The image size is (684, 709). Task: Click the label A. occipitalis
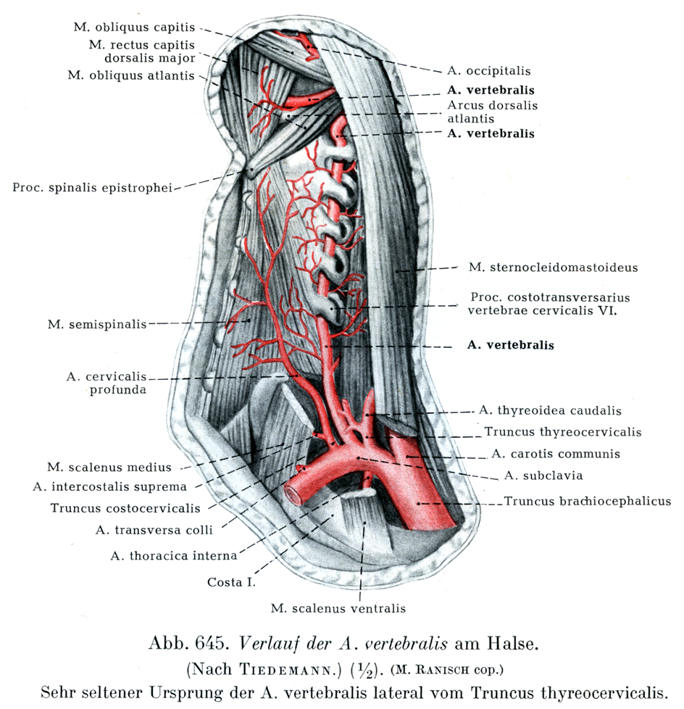coord(491,71)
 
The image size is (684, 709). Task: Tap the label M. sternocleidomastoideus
coord(553,268)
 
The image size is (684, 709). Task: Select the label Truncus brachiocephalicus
coord(588,501)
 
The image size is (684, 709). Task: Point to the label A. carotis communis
coord(556,455)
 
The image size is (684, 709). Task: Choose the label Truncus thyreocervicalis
coord(563,432)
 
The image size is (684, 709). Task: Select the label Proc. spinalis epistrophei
coord(92,188)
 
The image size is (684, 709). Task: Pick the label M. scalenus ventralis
coord(338,608)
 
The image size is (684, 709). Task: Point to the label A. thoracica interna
coord(173,556)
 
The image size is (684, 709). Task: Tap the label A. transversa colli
coord(154,530)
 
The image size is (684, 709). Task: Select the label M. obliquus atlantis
coord(130,75)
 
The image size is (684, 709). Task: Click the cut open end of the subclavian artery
coord(296,494)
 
